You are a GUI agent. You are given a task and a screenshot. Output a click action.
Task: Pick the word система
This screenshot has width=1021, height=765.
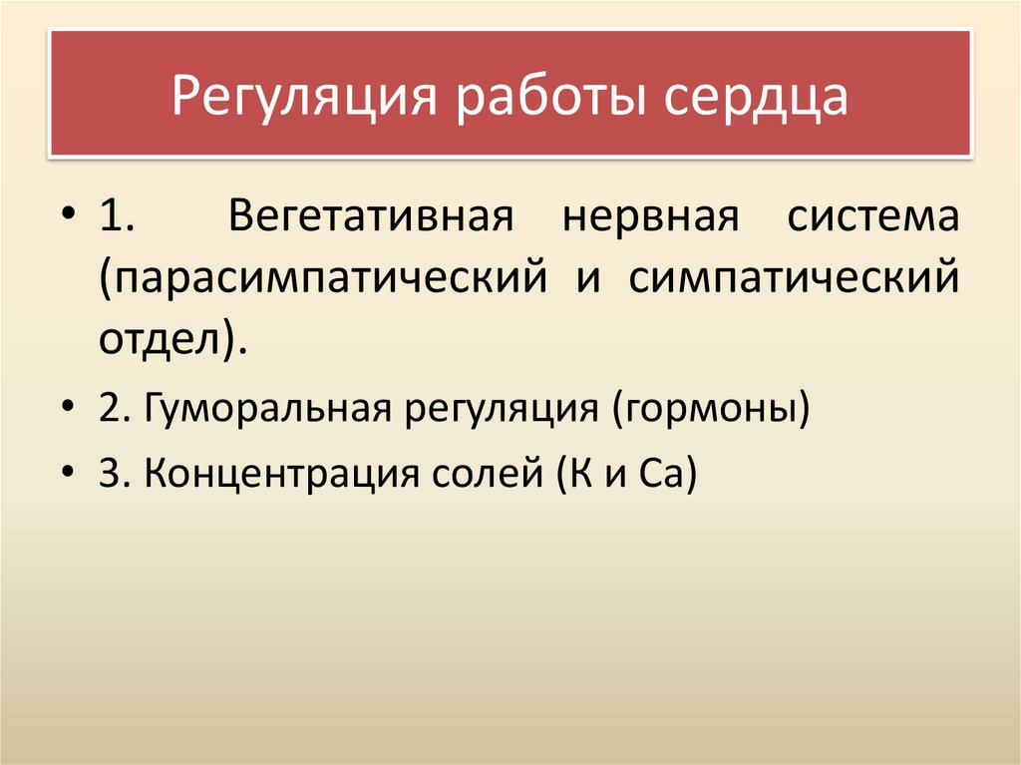click(x=873, y=217)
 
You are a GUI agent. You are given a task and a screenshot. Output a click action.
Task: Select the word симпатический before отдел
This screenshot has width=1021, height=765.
click(x=795, y=279)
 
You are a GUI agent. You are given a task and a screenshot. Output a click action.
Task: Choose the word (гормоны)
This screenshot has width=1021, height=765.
click(x=710, y=409)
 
